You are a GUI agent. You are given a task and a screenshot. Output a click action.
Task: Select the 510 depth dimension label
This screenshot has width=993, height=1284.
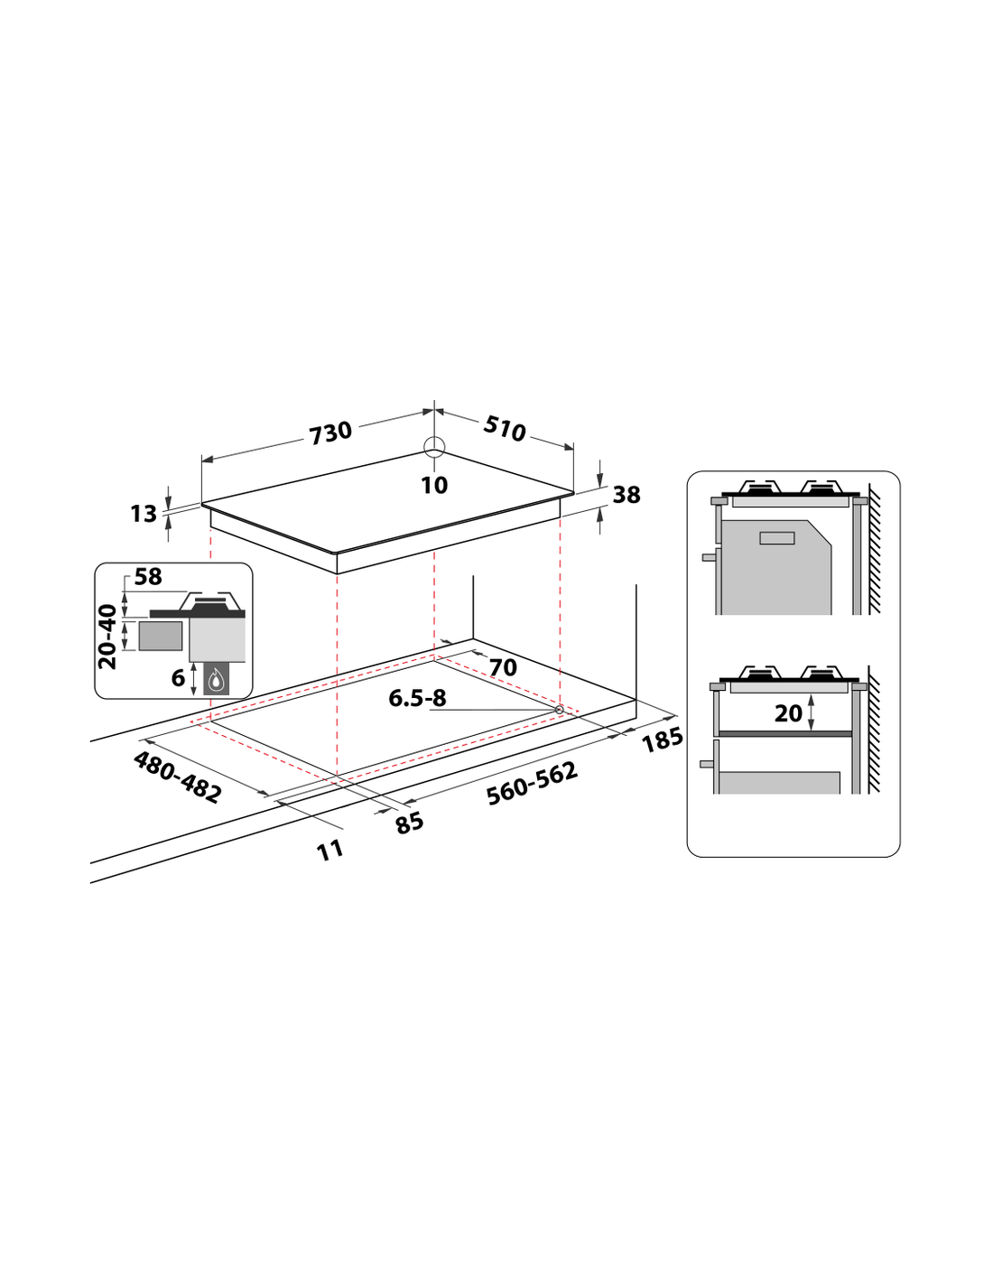(x=504, y=428)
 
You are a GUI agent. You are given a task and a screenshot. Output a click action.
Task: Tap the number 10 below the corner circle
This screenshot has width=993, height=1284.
(x=434, y=485)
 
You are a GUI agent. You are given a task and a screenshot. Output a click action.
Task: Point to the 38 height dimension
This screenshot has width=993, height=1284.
(x=626, y=495)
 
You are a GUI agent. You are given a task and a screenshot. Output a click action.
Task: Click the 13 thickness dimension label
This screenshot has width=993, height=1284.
(x=144, y=514)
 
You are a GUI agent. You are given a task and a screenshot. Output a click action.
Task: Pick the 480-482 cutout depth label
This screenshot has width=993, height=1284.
(x=177, y=777)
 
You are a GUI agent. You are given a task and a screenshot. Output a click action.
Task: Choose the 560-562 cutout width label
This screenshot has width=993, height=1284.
(x=532, y=784)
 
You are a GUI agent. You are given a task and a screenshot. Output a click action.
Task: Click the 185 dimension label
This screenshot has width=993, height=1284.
(x=663, y=740)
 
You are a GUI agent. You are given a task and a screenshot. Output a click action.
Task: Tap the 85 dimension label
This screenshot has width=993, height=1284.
(x=409, y=823)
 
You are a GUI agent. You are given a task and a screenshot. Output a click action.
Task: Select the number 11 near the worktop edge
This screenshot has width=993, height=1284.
(x=329, y=851)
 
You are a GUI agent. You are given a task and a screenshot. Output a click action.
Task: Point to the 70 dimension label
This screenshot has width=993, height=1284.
(x=504, y=667)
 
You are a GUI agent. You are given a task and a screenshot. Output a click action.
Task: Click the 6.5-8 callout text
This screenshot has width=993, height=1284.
(x=417, y=698)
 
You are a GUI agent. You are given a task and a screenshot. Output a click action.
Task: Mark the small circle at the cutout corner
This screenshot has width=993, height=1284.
(x=559, y=709)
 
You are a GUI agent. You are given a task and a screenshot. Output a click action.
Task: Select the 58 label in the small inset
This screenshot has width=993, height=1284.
(x=148, y=576)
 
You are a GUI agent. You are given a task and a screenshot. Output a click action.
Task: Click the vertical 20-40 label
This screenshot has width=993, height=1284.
(x=107, y=637)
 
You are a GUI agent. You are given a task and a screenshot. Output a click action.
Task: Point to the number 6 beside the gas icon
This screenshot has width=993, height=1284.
(x=178, y=678)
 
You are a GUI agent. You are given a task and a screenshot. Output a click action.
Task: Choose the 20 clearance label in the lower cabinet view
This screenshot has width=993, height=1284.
(x=788, y=713)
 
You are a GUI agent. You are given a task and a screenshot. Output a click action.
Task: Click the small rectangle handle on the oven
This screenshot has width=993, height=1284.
(x=776, y=537)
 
